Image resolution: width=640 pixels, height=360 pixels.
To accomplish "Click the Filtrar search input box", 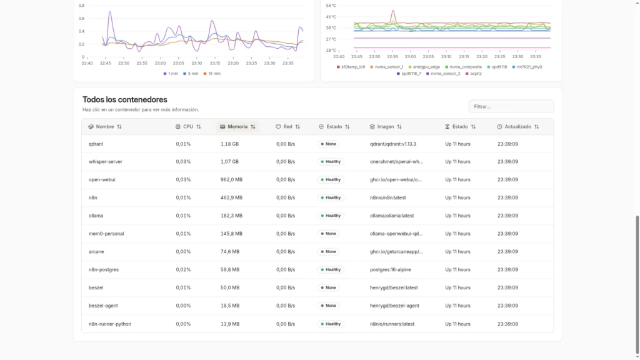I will (511, 106).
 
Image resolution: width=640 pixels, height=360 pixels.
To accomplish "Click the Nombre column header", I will (105, 126).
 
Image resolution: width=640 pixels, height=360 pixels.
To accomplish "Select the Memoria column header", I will (237, 126).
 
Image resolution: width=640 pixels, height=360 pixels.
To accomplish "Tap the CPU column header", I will (188, 126).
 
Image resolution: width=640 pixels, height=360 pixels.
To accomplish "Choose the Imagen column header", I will (386, 126).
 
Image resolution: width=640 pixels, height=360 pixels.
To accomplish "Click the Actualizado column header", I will (518, 126).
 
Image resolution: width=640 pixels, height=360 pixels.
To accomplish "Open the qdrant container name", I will (96, 144).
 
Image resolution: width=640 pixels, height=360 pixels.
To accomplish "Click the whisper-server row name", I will (106, 162).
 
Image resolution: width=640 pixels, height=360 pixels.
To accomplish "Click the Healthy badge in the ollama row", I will (331, 216).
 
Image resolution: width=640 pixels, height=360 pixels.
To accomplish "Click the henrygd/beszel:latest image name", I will (394, 288).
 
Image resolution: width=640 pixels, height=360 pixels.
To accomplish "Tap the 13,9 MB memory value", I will (229, 324).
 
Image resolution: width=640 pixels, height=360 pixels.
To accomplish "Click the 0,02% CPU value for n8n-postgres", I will (183, 270).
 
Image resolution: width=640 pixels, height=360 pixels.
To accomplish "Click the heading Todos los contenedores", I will (124, 99).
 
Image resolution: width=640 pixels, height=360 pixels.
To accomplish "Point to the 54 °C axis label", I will (331, 6).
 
